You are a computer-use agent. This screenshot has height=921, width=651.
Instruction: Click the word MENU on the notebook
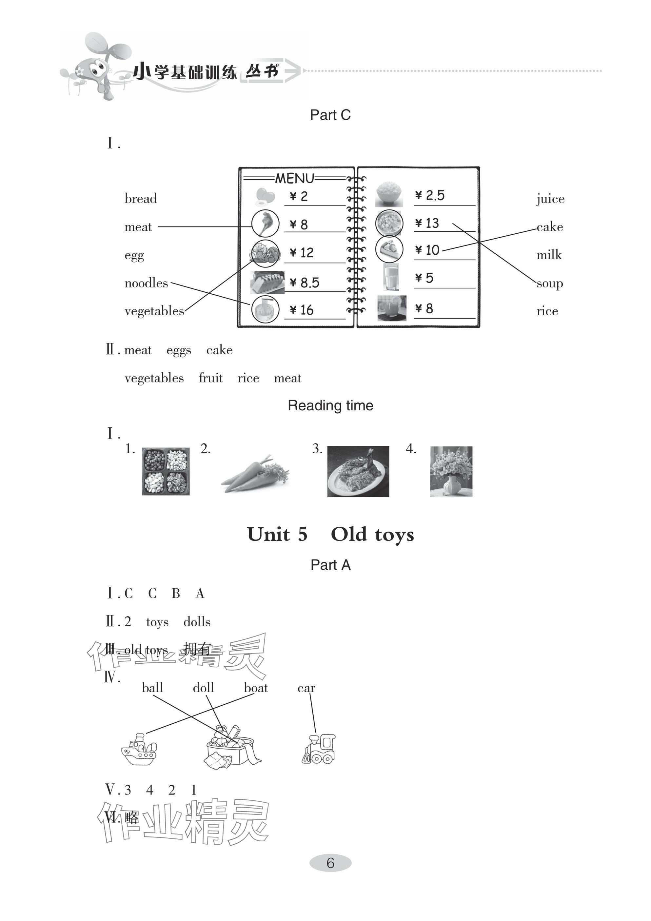(294, 178)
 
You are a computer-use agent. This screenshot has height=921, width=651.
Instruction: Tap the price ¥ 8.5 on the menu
(305, 283)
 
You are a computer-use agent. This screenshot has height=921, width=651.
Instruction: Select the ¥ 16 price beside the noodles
(302, 310)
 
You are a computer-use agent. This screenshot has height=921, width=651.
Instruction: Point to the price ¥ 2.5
(430, 196)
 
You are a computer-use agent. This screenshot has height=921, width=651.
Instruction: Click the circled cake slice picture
(389, 249)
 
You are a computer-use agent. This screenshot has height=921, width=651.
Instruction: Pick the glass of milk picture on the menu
(391, 277)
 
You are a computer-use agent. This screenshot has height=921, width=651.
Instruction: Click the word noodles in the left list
(146, 283)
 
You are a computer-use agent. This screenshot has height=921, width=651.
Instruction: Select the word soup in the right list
(549, 284)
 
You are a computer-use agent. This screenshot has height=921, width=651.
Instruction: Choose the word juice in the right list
(550, 199)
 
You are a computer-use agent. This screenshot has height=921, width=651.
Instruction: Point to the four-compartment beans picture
(165, 471)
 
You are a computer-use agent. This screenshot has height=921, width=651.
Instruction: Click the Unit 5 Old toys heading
(330, 534)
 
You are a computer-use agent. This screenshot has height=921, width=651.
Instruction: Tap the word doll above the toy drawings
(203, 688)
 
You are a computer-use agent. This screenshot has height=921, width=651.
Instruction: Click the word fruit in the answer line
(210, 378)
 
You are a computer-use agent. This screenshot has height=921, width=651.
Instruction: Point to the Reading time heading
(330, 405)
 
